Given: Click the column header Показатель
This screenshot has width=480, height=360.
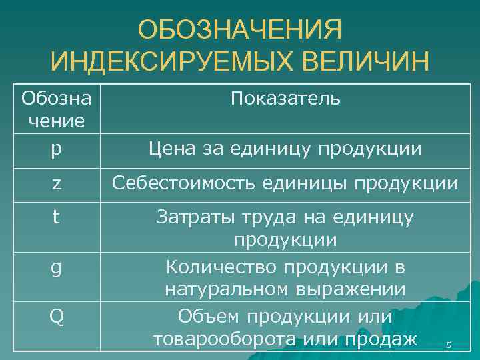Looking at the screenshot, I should [285, 99].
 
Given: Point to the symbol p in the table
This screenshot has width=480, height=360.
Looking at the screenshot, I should [56, 149].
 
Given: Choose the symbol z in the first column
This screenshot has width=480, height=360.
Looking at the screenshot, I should [56, 183].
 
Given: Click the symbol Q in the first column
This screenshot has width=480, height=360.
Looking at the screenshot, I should [56, 315].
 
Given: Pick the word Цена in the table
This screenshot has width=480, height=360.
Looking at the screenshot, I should [171, 148].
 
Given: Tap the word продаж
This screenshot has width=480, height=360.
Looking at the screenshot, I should [380, 339].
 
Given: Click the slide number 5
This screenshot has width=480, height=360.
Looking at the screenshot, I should [449, 345].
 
